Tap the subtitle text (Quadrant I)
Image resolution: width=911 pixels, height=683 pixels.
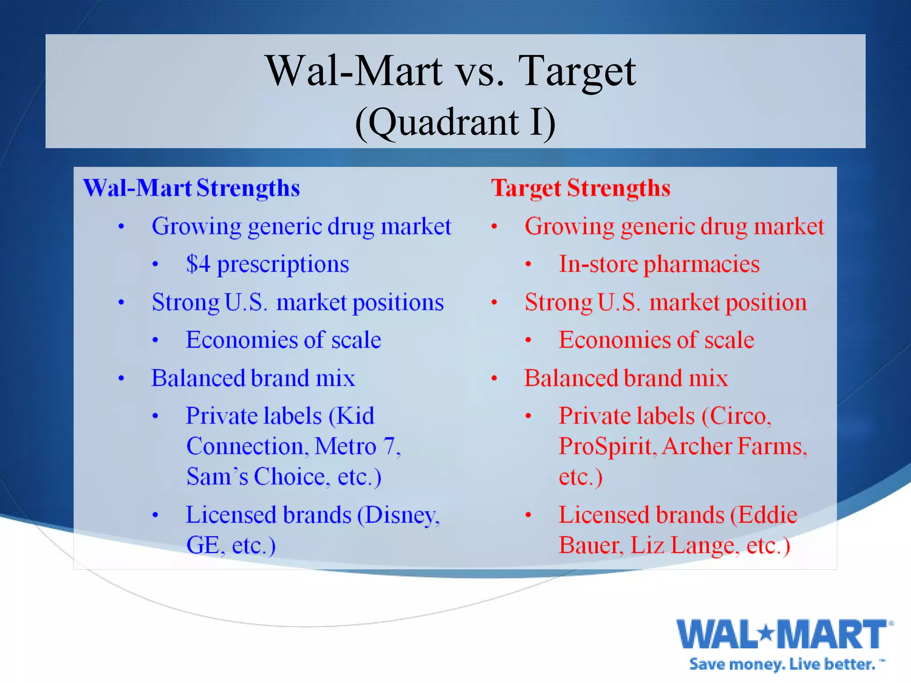tap(455, 122)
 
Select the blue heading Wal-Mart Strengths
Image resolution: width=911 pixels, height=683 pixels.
tap(191, 188)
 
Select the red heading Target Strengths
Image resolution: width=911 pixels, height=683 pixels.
tap(580, 188)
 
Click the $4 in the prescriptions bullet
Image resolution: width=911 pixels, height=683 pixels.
tap(198, 264)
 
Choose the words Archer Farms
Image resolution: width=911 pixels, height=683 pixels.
tap(734, 446)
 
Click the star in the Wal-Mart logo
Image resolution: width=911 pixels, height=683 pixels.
tap(766, 631)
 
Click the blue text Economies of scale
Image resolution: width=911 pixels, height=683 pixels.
tap(283, 340)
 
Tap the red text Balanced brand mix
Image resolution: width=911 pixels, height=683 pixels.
tap(626, 378)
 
